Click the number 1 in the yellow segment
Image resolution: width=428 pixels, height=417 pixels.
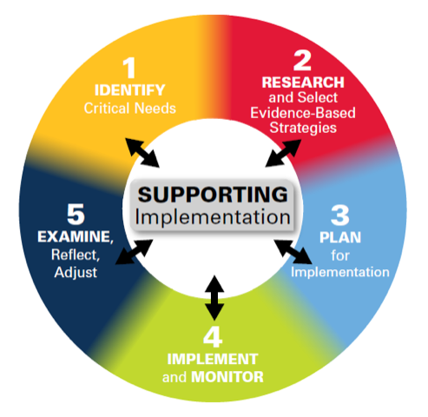coord(128,69)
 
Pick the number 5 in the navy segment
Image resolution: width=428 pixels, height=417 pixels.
coord(74,213)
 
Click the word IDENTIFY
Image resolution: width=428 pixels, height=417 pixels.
coord(128,90)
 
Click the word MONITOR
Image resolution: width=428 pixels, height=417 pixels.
coord(228,377)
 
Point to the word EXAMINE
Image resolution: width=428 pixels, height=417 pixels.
coord(74,235)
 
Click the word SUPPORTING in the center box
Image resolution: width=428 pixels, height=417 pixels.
coord(213,193)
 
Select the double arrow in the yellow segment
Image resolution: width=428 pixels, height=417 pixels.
coord(143,151)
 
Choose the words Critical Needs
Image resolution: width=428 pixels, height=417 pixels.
coord(128,108)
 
